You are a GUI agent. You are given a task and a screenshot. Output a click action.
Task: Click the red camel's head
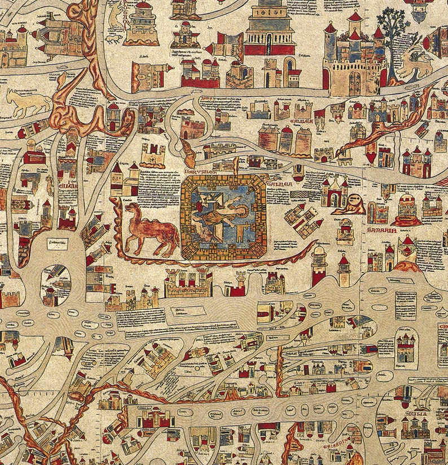(133, 209)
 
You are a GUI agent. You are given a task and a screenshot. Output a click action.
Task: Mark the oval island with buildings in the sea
(56, 285)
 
